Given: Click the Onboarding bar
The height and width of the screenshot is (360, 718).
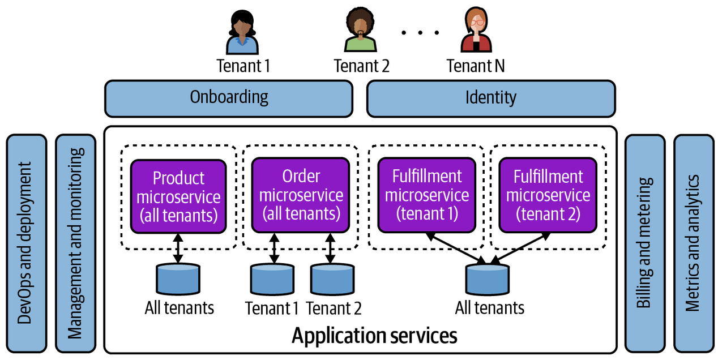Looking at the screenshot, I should click(229, 98).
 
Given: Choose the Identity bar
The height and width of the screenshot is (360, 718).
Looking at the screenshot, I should click(491, 98).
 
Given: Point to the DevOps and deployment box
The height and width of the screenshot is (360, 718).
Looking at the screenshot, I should click(25, 242).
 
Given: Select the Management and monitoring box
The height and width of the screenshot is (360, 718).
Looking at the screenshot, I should click(76, 242).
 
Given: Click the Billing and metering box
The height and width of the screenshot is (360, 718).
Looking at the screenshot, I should click(644, 242).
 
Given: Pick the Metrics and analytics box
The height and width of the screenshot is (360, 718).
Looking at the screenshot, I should click(693, 242).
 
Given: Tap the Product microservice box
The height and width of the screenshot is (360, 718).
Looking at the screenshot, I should click(178, 196).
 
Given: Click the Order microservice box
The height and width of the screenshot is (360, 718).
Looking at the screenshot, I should click(300, 195).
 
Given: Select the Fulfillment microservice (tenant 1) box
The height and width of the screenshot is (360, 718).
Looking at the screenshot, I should click(427, 195).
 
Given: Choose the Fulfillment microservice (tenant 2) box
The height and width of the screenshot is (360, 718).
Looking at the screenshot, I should click(548, 195).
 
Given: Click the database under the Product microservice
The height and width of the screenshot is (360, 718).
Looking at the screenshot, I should click(178, 279).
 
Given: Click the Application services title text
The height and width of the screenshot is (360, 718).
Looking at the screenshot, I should click(374, 336).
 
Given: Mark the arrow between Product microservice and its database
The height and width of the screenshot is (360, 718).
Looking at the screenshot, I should click(178, 248).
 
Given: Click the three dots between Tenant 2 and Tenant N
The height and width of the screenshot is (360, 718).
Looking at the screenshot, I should click(420, 32).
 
